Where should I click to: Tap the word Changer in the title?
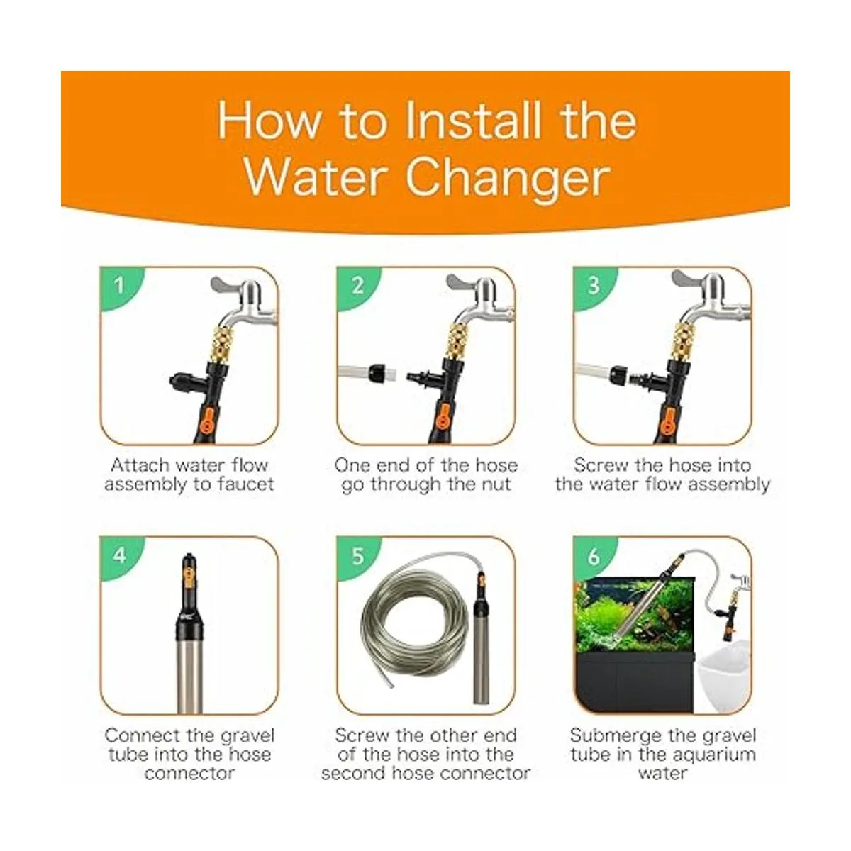pos(508,178)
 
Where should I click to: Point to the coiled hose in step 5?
pos(415,628)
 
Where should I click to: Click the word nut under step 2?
pos(496,485)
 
